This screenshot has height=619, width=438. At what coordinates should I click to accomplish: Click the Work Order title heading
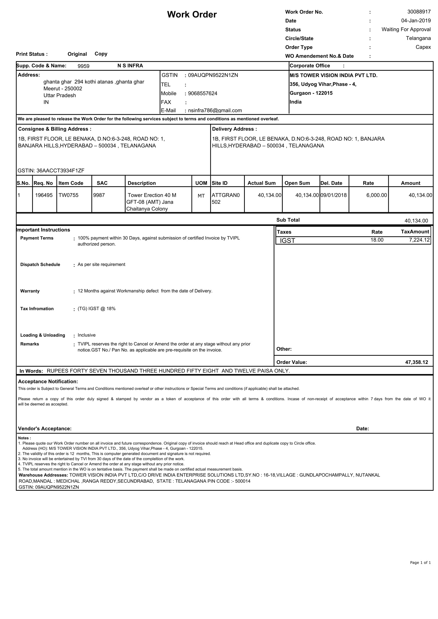[x=192, y=15]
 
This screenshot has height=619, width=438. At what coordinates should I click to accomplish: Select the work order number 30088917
[x=419, y=12]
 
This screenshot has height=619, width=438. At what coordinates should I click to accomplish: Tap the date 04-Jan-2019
[x=416, y=21]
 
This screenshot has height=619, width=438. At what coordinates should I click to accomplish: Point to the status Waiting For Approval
[x=406, y=29]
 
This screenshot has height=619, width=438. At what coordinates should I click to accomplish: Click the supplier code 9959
[x=83, y=66]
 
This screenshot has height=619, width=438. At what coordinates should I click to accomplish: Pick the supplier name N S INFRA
[x=130, y=66]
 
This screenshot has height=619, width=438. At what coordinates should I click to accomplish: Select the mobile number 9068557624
[x=202, y=93]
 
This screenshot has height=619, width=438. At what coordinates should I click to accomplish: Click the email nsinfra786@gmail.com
[x=215, y=110]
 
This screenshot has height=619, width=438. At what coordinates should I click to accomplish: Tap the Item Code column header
[x=71, y=183]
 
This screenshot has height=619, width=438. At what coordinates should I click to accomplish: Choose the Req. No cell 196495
[x=44, y=195]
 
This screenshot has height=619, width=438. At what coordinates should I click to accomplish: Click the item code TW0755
[x=69, y=195]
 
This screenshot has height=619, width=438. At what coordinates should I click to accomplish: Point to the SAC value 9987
[x=99, y=195]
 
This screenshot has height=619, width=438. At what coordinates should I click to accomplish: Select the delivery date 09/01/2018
[x=333, y=195]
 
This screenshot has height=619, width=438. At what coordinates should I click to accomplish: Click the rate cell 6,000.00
[x=377, y=195]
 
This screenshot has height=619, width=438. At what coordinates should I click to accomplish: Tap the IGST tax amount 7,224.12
[x=419, y=240]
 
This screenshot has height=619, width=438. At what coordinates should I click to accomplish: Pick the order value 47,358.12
[x=417, y=362]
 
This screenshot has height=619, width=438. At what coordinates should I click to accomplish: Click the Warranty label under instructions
[x=30, y=291]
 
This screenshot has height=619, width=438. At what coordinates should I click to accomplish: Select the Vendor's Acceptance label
[x=45, y=429]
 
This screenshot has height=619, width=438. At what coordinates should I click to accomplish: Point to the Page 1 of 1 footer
[x=420, y=562]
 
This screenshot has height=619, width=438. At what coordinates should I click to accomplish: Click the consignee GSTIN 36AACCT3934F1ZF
[x=51, y=171]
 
